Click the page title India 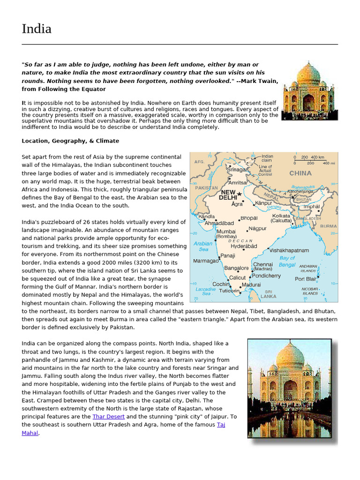click(x=37, y=29)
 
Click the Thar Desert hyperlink click(x=109, y=416)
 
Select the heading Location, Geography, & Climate click(x=70, y=141)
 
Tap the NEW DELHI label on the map click(x=228, y=195)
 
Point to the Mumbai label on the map click(x=226, y=232)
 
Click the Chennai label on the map click(x=263, y=264)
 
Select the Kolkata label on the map click(x=282, y=216)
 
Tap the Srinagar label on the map click(x=237, y=170)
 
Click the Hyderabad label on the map click(x=244, y=246)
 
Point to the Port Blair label click(x=305, y=279)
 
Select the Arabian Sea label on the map click(x=203, y=246)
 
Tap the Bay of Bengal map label click(x=287, y=261)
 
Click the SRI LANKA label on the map click(x=269, y=293)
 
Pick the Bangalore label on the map click(x=236, y=268)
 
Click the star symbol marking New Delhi click(x=240, y=194)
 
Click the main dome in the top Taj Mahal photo click(x=308, y=74)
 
